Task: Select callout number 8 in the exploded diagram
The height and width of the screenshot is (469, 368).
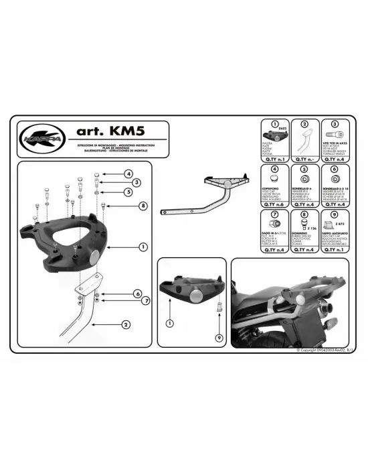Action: tap(143, 204)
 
